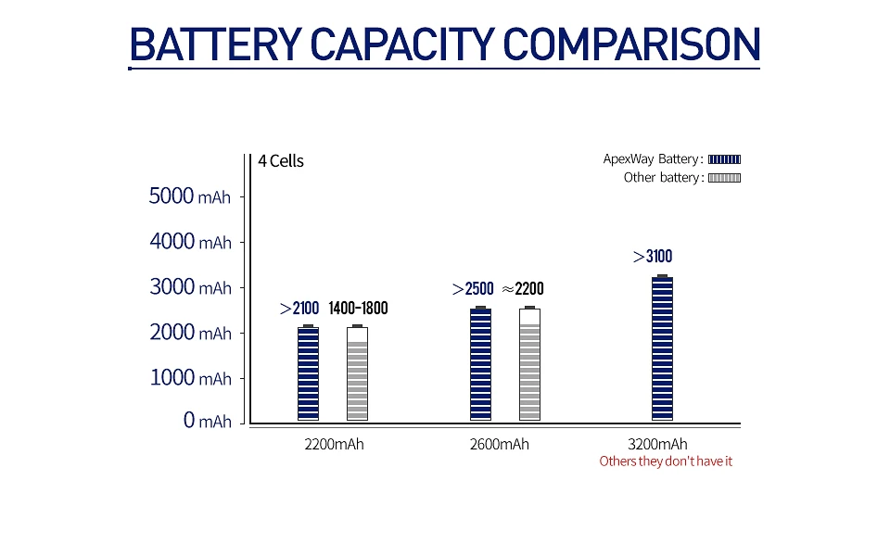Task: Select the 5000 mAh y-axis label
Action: [190, 196]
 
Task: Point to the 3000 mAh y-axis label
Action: [190, 287]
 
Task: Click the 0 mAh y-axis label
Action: [207, 422]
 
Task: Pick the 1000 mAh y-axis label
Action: [190, 378]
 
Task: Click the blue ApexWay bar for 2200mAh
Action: [308, 373]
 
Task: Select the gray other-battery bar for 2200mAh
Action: [357, 380]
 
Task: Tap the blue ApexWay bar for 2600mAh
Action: [480, 364]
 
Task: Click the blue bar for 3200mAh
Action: [662, 348]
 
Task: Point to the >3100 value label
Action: [653, 257]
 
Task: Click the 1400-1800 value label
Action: [358, 309]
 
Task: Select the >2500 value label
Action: [473, 289]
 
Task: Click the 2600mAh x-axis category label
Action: [500, 444]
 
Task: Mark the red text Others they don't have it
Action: [666, 461]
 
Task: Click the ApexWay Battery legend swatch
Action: [724, 159]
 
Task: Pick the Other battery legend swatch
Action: [724, 178]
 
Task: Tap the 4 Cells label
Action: [281, 161]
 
